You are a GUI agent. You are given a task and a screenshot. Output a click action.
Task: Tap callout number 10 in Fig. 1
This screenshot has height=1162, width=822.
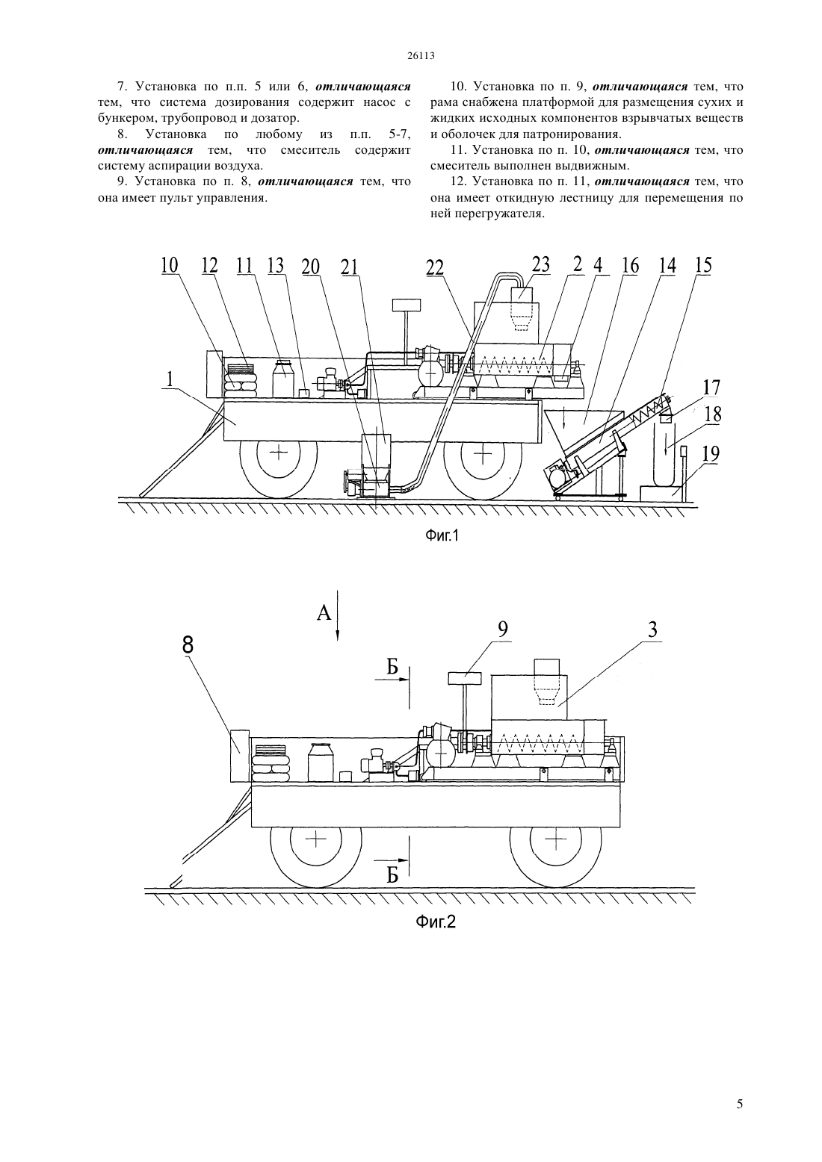pyautogui.click(x=169, y=266)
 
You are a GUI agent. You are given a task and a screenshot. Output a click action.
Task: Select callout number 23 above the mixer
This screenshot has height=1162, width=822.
pyautogui.click(x=540, y=264)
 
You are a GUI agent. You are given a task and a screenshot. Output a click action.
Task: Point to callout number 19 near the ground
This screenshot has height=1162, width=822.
pyautogui.click(x=711, y=454)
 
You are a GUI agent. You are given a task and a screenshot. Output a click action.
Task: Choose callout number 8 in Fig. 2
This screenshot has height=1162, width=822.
pyautogui.click(x=188, y=645)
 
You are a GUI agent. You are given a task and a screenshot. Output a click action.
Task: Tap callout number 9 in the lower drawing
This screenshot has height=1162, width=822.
pyautogui.click(x=503, y=630)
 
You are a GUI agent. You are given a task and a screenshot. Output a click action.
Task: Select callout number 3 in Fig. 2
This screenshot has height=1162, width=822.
pyautogui.click(x=653, y=630)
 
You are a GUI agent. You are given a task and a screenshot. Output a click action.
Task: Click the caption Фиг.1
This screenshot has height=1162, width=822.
pyautogui.click(x=442, y=535)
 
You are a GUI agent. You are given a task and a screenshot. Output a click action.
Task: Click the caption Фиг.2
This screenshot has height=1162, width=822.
pyautogui.click(x=436, y=922)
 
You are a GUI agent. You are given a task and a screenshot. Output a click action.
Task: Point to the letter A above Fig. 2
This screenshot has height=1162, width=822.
pyautogui.click(x=324, y=614)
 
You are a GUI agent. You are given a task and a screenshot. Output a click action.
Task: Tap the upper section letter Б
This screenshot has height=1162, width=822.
pyautogui.click(x=392, y=667)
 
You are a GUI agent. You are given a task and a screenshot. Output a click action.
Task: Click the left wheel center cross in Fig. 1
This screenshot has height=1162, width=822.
pyautogui.click(x=279, y=453)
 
